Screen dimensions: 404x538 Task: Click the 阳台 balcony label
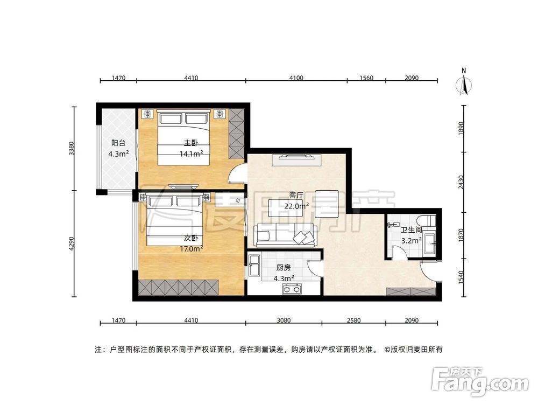point(118,143)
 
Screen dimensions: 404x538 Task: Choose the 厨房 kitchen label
point(284,268)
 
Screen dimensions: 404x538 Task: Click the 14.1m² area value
point(191,154)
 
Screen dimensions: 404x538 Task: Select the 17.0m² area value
point(191,248)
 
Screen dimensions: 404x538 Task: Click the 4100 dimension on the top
point(296,78)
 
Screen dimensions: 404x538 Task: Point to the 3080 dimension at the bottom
point(284,321)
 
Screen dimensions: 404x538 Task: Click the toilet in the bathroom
point(429,221)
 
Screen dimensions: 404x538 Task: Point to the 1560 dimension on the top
point(366,78)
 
